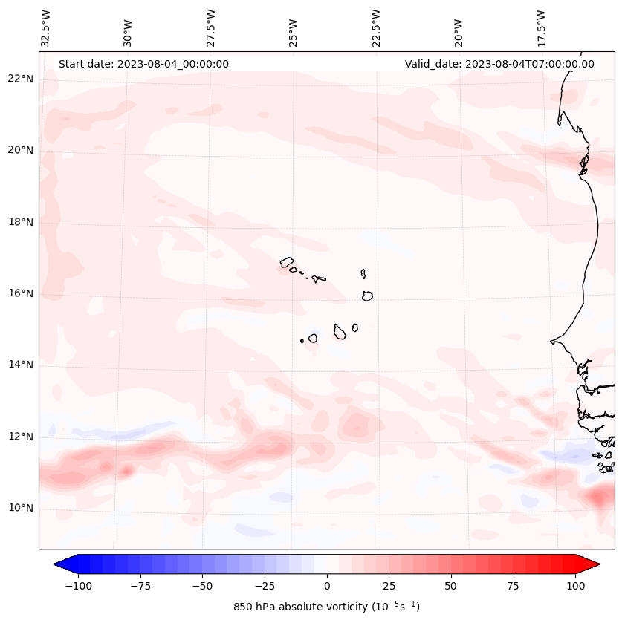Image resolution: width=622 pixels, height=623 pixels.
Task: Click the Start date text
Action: (x=143, y=64)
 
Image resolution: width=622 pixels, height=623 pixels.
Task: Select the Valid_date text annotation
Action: (x=499, y=64)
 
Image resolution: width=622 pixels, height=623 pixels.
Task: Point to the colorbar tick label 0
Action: (x=327, y=586)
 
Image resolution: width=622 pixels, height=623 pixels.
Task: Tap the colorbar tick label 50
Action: (x=451, y=586)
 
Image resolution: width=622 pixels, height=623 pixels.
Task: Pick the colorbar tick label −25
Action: (x=265, y=586)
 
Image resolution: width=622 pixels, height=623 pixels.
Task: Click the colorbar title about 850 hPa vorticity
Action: (x=326, y=607)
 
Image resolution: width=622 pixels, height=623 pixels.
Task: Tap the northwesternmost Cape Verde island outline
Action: (x=287, y=261)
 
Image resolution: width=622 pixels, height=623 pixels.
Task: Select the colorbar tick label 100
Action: (x=574, y=586)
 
